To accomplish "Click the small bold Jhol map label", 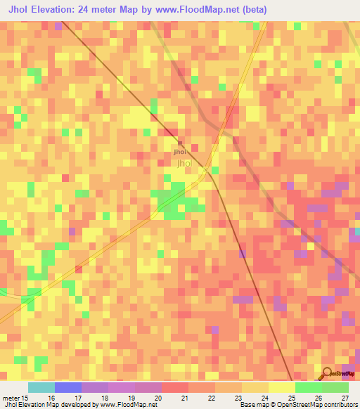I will click(180, 151).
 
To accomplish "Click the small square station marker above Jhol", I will click(180, 143).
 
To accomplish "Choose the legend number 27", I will click(344, 397).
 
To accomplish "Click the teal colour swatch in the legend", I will click(41, 387).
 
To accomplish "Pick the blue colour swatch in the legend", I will click(68, 387).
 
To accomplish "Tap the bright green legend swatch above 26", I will click(309, 387).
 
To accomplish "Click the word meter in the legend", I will click(10, 397).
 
